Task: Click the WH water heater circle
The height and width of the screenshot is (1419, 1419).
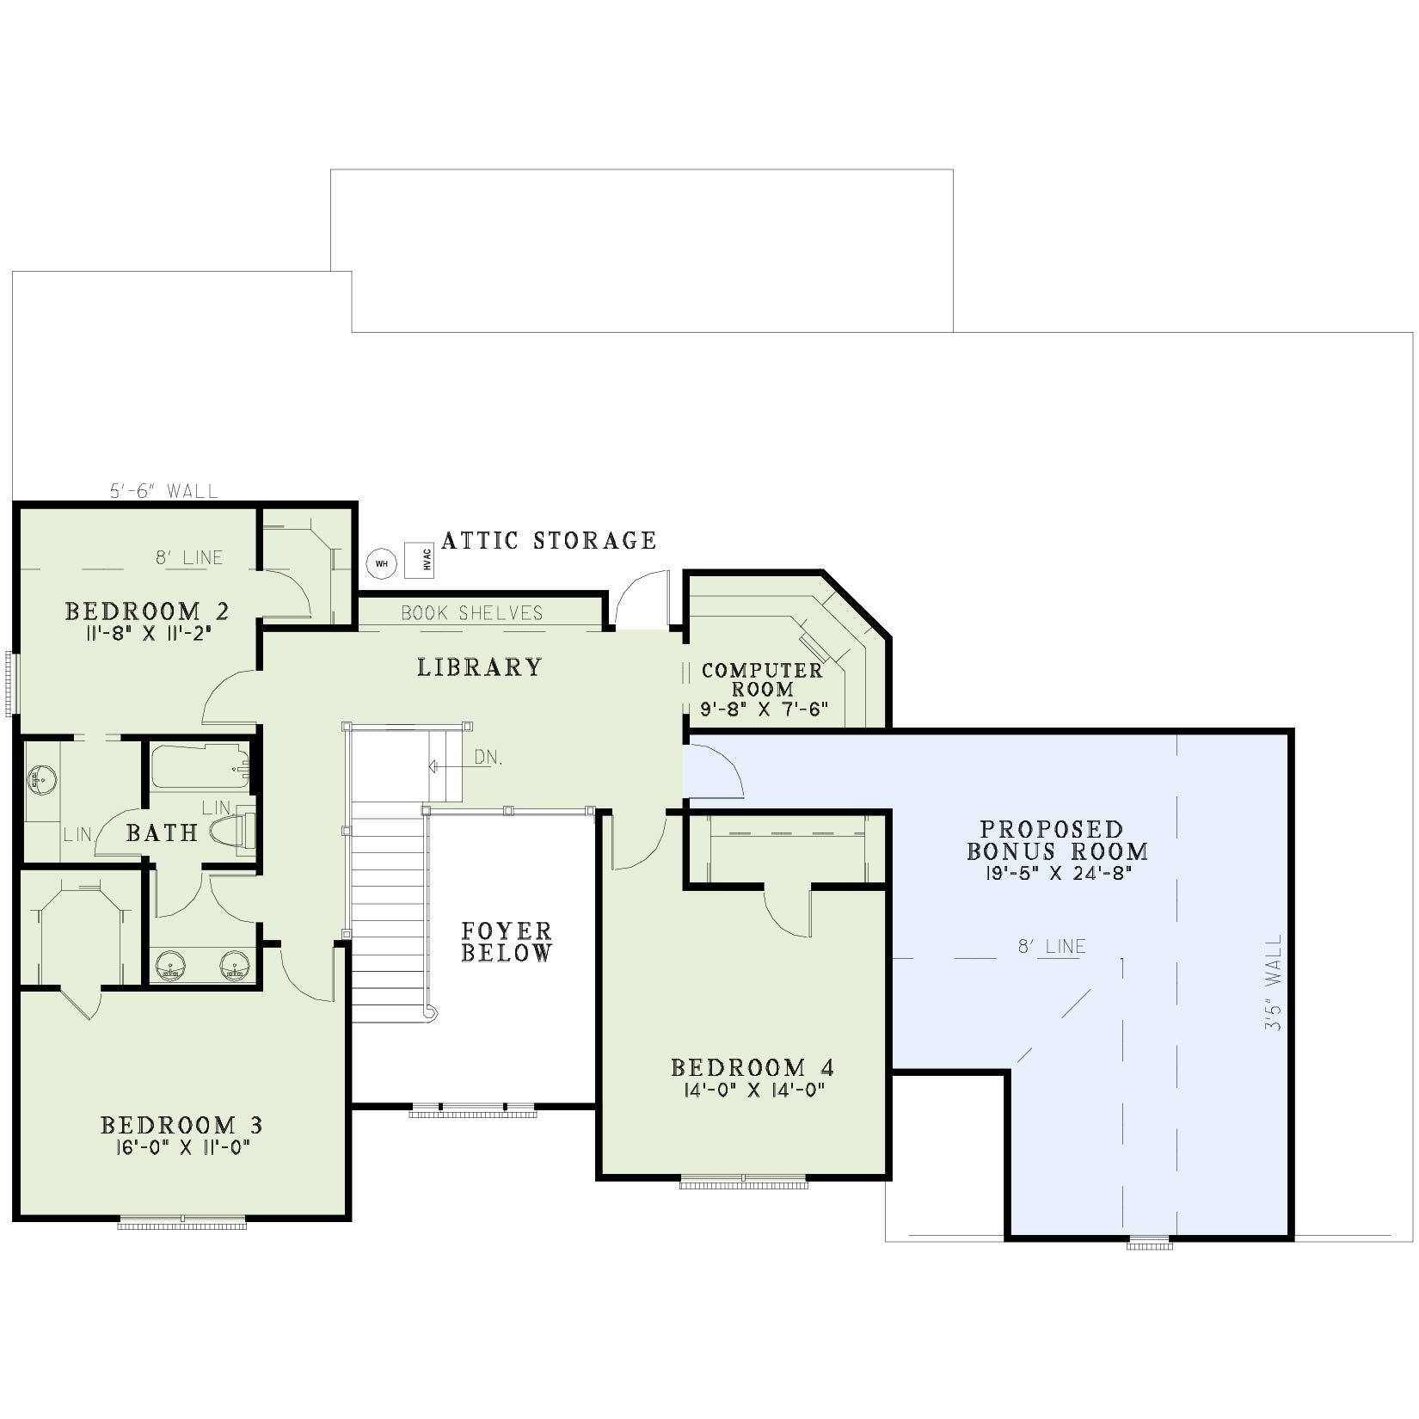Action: click(382, 563)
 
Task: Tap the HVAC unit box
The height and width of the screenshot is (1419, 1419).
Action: click(419, 561)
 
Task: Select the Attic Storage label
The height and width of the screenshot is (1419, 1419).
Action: click(549, 540)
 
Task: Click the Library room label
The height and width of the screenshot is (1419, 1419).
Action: click(480, 667)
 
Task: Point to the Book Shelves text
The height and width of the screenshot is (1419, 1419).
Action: click(472, 613)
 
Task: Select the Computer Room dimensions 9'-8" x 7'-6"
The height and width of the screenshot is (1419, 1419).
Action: click(764, 709)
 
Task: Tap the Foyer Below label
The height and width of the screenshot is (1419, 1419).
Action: click(507, 942)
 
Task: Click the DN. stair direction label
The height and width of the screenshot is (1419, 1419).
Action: click(488, 758)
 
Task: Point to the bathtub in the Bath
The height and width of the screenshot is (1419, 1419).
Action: click(200, 767)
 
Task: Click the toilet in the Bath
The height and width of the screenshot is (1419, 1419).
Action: click(234, 831)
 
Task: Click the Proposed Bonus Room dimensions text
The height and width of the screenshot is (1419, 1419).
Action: click(1057, 872)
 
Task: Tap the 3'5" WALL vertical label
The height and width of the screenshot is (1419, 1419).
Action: click(1274, 984)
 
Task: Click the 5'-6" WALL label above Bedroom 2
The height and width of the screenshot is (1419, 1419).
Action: click(163, 491)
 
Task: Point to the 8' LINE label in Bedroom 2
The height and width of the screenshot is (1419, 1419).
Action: click(189, 557)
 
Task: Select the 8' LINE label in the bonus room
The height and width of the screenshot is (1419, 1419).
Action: click(1052, 946)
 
